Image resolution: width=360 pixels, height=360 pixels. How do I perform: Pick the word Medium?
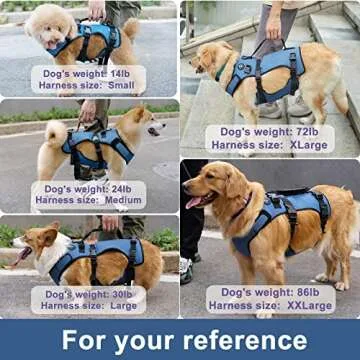[x=125, y=199]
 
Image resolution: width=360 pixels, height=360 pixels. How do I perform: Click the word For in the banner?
[x=82, y=339]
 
